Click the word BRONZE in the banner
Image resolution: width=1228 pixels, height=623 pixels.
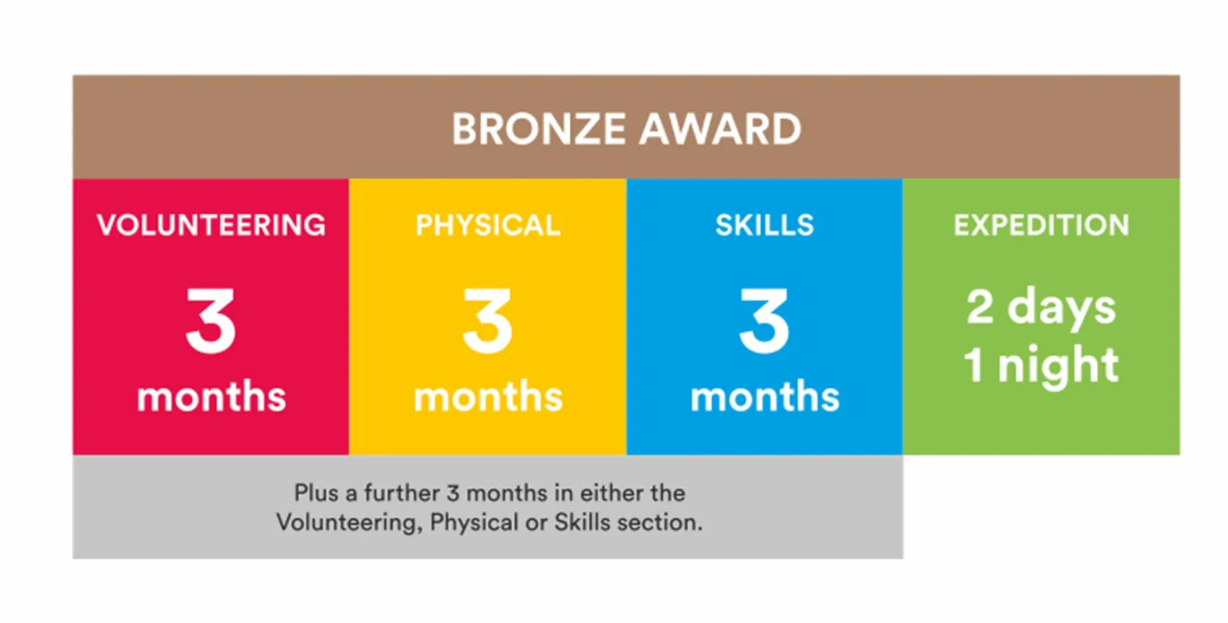coord(539,130)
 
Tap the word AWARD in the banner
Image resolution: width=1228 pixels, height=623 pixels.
coord(721,130)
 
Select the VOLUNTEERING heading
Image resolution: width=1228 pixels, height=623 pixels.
coord(211,225)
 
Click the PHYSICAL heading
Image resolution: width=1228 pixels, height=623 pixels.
coord(488,225)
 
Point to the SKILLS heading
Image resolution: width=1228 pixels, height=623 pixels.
coord(765,225)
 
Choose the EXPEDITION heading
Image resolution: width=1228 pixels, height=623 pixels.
coord(1041,225)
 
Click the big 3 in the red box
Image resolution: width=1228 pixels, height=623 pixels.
coord(211,321)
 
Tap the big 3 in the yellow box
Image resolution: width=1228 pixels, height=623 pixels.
coord(488,321)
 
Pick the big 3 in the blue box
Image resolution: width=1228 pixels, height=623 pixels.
coord(765,321)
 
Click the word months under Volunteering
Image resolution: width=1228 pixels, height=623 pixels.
coord(212,395)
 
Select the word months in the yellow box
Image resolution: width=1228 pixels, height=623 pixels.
coord(489,395)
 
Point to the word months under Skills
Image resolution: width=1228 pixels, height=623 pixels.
coord(765,395)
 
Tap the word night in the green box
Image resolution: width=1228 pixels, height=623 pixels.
coord(1058,366)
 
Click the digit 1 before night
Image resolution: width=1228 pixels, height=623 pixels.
coord(974,365)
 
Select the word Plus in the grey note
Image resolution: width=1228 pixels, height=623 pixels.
coord(316,493)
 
